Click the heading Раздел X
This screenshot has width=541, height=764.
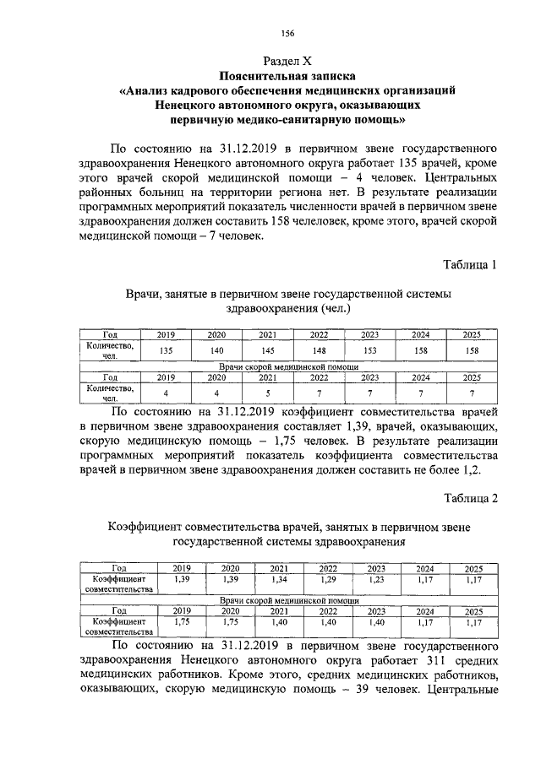[287, 61]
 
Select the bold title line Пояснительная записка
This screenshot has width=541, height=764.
[287, 75]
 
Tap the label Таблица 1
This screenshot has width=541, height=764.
[471, 265]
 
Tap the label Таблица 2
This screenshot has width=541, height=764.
[471, 498]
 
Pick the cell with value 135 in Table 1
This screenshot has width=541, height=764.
[167, 350]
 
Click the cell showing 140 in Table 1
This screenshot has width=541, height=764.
[216, 350]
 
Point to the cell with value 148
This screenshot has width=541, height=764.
[319, 350]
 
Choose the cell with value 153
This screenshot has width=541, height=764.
[369, 350]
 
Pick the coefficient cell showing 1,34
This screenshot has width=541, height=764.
[278, 579]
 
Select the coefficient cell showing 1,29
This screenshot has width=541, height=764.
[328, 579]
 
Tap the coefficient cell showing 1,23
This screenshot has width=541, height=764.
[376, 579]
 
